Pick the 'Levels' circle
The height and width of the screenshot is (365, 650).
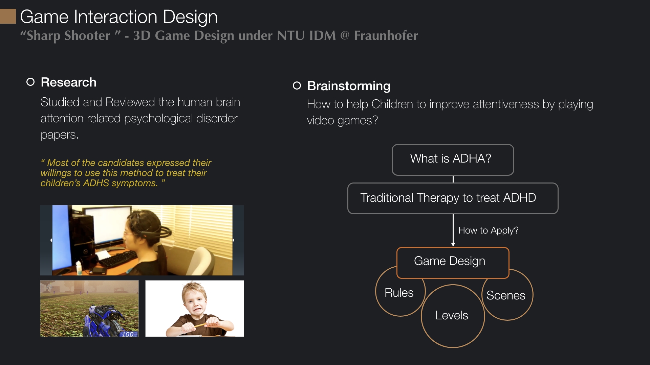click(453, 347)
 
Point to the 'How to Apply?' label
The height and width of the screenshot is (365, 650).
click(488, 230)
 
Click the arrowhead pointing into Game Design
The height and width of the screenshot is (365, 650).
click(453, 245)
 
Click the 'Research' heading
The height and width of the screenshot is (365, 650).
click(68, 82)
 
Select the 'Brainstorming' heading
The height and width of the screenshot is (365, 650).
click(349, 86)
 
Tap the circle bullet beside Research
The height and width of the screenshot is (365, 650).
click(30, 82)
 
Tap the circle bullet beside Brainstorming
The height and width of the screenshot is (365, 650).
click(297, 86)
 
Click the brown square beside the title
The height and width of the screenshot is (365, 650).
click(8, 16)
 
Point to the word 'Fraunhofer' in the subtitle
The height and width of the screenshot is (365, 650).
click(386, 35)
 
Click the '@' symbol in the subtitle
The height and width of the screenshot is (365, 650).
click(345, 35)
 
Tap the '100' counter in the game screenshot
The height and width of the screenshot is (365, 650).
click(128, 334)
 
